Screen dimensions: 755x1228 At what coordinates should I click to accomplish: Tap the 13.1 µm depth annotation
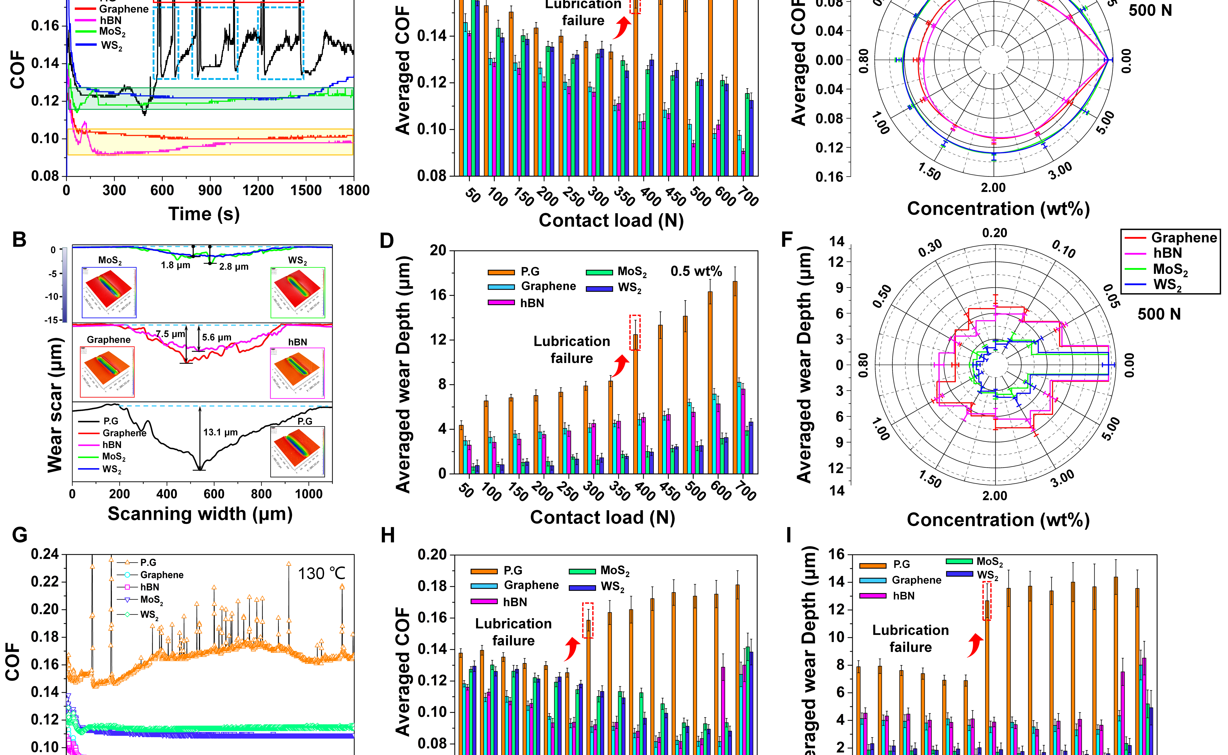[x=220, y=432]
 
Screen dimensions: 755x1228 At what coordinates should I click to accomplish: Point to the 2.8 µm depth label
[x=234, y=267]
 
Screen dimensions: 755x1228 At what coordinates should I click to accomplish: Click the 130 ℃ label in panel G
[x=322, y=574]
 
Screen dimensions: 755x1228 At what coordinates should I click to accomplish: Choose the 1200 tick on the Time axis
[x=258, y=190]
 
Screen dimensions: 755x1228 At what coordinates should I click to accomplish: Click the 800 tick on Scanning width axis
[x=261, y=494]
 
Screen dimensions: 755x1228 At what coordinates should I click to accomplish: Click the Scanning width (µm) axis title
[x=200, y=514]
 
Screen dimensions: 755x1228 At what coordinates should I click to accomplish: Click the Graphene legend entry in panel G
[x=161, y=575]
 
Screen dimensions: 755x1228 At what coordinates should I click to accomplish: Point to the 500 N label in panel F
[x=1159, y=314]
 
